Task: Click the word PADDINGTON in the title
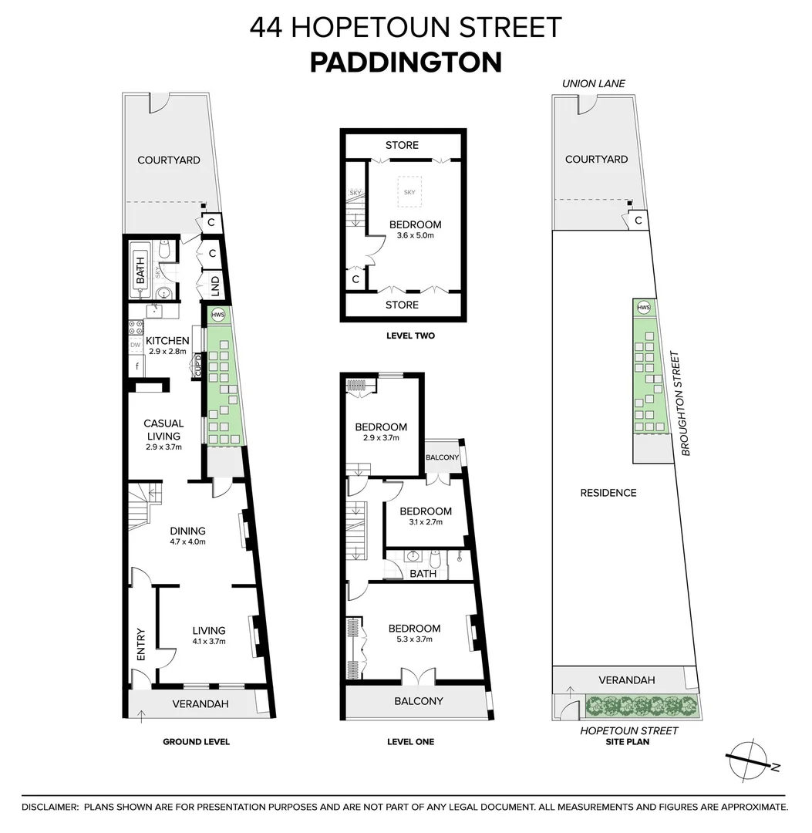pyautogui.click(x=406, y=62)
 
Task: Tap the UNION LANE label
pyautogui.click(x=593, y=83)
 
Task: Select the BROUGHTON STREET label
pyautogui.click(x=677, y=403)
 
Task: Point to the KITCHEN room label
pyautogui.click(x=167, y=340)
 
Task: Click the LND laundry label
pyautogui.click(x=216, y=287)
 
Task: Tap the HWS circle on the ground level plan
pyautogui.click(x=218, y=315)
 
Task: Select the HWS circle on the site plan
pyautogui.click(x=644, y=308)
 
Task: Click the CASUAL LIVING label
pyautogui.click(x=163, y=430)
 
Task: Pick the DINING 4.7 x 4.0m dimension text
pyautogui.click(x=188, y=542)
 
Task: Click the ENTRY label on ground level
pyautogui.click(x=141, y=645)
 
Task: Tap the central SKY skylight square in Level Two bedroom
pyautogui.click(x=409, y=191)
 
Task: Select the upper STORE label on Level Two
pyautogui.click(x=402, y=145)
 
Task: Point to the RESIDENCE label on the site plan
pyautogui.click(x=608, y=492)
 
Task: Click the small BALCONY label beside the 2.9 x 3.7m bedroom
pyautogui.click(x=443, y=457)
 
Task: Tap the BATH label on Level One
pyautogui.click(x=423, y=574)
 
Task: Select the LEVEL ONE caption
pyautogui.click(x=410, y=741)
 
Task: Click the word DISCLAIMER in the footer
pyautogui.click(x=50, y=807)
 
